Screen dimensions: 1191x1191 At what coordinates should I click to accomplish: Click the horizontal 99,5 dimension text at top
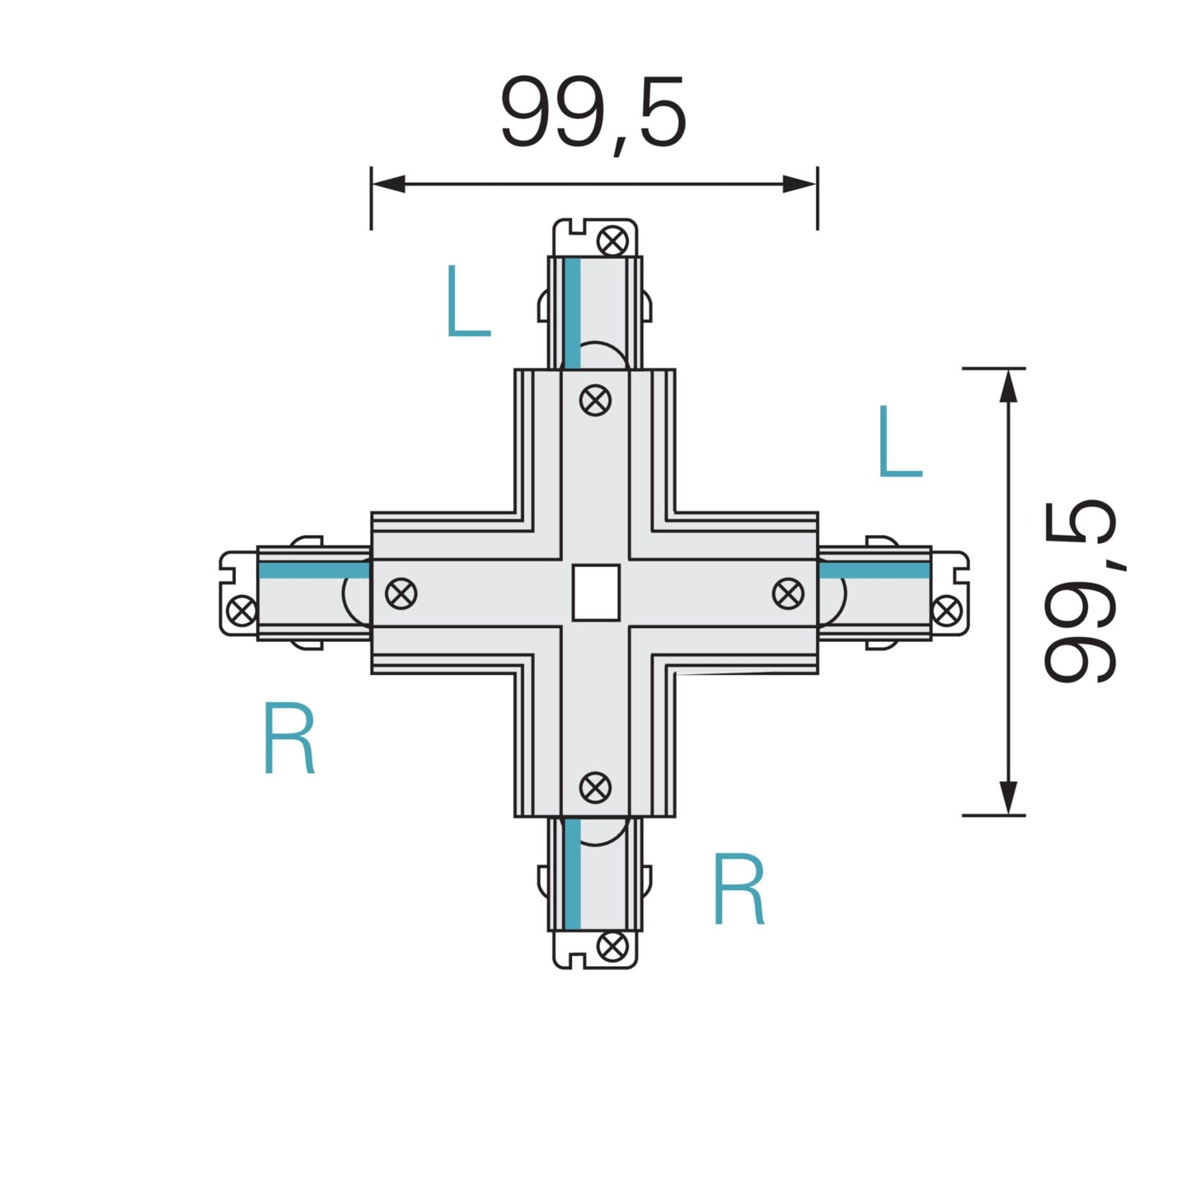(593, 114)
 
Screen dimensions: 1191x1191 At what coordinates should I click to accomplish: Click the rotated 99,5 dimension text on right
(1080, 591)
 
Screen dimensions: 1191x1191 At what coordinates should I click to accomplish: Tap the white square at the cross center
(595, 593)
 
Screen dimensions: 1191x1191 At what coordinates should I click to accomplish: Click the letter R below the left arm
(289, 738)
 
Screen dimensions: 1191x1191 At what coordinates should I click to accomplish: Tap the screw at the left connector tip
(241, 612)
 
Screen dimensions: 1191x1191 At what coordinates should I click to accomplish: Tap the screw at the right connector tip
(946, 611)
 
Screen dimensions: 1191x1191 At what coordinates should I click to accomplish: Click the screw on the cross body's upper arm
(595, 401)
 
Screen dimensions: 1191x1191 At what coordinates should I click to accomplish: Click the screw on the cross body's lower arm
(595, 788)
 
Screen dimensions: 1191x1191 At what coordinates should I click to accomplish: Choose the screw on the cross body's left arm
(401, 593)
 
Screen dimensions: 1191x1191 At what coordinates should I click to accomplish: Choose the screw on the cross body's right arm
(789, 593)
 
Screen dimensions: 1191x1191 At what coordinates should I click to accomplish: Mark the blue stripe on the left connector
(313, 570)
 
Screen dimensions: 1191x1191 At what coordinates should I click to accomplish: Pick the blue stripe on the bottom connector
(574, 874)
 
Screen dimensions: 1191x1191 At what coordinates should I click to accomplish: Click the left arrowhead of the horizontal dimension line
(387, 184)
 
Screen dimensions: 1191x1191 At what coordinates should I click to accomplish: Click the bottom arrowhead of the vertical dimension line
(1007, 798)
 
